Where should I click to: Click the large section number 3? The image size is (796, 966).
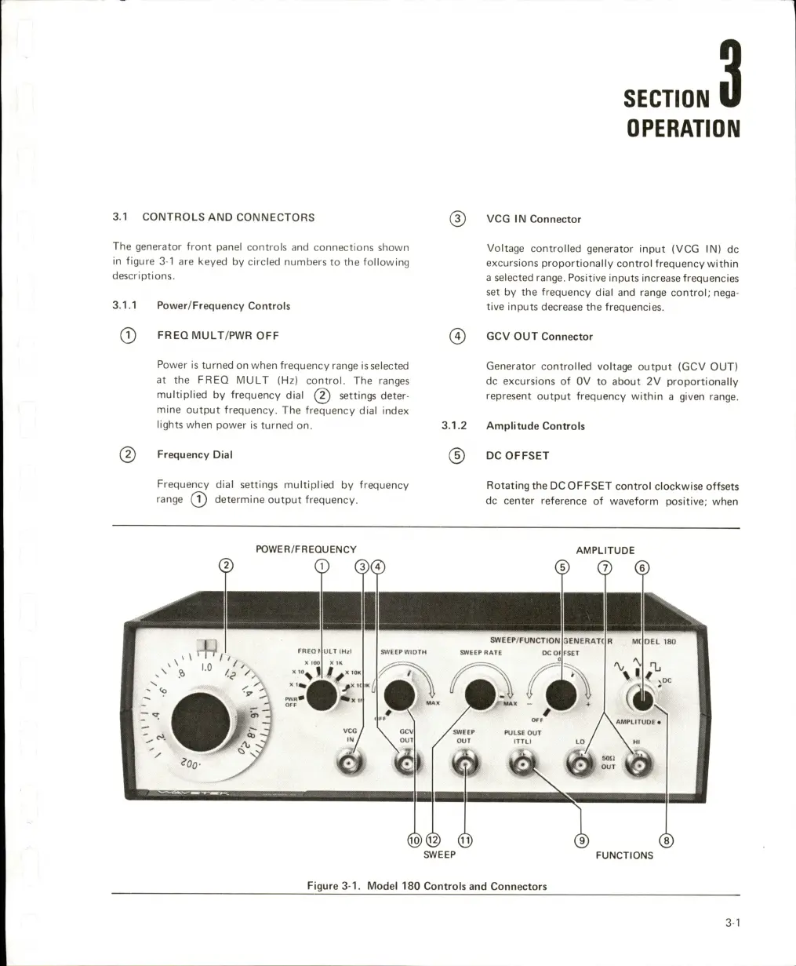[729, 75]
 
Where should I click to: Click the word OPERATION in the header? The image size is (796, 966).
[683, 128]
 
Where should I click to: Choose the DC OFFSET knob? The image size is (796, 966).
[560, 693]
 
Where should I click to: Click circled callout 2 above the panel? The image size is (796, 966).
[226, 566]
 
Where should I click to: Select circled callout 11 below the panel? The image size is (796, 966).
[465, 840]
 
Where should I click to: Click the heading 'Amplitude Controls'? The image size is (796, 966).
[536, 426]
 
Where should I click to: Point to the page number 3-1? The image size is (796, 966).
[732, 924]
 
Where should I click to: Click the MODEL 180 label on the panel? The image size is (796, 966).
[653, 641]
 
